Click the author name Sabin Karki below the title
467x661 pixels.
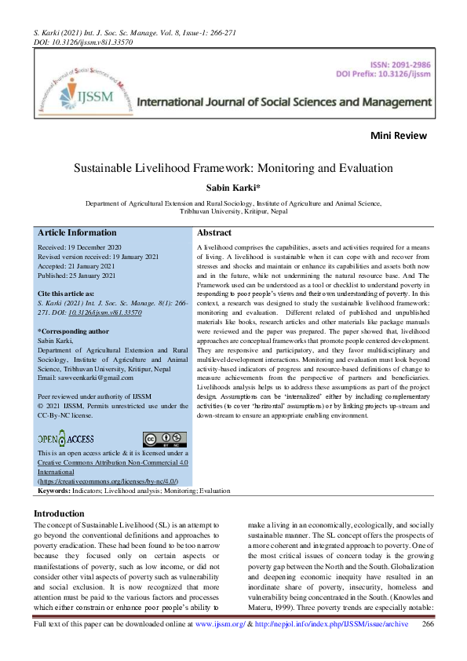pos(233,187)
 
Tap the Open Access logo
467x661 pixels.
pos(66,438)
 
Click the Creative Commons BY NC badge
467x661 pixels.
pos(164,439)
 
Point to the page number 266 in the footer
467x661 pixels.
pos(429,645)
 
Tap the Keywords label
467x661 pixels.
pos(54,490)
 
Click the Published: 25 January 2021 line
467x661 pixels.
pos(77,276)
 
